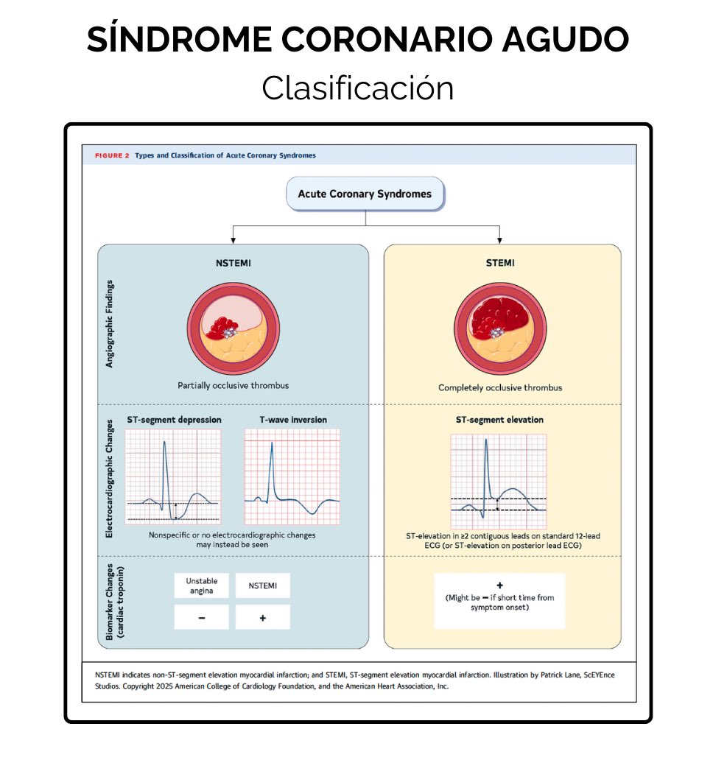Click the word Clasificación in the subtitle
click(357, 88)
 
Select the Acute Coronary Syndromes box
click(365, 194)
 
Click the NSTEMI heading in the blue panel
click(233, 263)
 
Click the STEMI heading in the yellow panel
click(500, 263)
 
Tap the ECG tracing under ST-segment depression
click(173, 476)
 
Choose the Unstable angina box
click(201, 585)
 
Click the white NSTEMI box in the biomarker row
click(262, 585)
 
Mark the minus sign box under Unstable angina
click(201, 617)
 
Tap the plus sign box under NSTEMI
click(262, 617)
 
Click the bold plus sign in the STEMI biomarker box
click(499, 585)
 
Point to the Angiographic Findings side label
click(110, 324)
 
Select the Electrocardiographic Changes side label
click(110, 479)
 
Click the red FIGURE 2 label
click(112, 155)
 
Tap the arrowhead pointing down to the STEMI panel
click(499, 239)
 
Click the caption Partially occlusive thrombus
click(233, 385)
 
